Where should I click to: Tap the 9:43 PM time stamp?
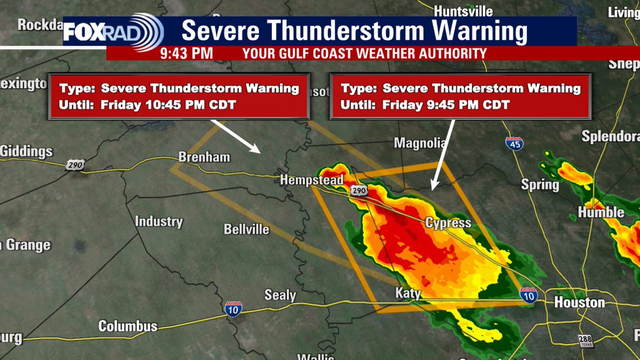(186, 53)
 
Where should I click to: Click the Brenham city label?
(204, 157)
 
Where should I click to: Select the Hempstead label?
(312, 180)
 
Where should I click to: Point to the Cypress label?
(448, 222)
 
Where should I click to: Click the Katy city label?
(408, 293)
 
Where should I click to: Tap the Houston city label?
(579, 302)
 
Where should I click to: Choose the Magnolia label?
(419, 143)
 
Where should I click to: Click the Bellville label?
(246, 230)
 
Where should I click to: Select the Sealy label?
(280, 294)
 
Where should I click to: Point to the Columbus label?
(128, 326)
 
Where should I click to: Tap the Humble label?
(601, 212)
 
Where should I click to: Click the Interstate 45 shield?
(514, 143)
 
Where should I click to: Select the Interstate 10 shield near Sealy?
(233, 309)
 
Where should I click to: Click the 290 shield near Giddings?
(75, 165)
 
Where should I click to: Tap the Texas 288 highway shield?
(586, 341)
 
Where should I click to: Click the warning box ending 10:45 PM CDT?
(179, 96)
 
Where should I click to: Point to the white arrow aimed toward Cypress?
(442, 154)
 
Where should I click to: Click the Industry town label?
(158, 221)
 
